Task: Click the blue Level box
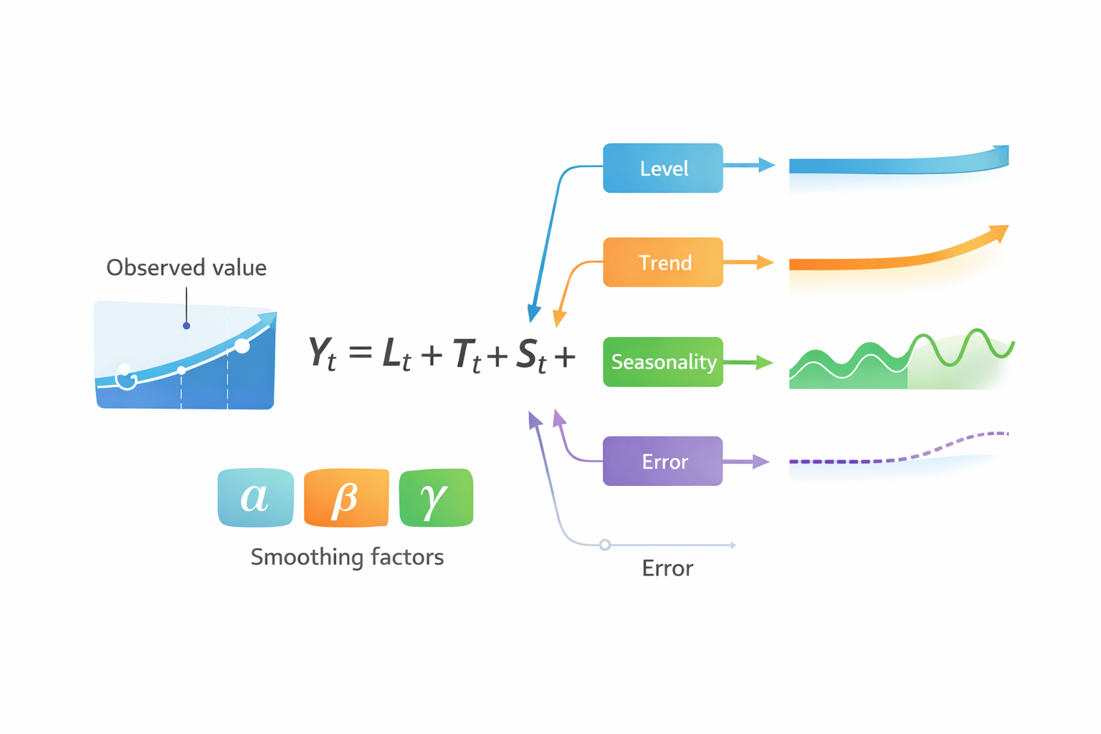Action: click(662, 168)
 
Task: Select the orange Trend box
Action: click(662, 262)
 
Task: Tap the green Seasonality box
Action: click(662, 362)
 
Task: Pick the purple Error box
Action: click(662, 462)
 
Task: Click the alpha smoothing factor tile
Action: click(255, 497)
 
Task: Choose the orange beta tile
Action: click(346, 497)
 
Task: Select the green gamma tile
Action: click(436, 497)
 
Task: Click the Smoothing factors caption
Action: click(347, 557)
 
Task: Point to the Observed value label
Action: click(186, 267)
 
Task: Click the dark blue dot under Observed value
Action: click(186, 325)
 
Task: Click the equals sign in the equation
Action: click(361, 353)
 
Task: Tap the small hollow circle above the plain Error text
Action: click(605, 545)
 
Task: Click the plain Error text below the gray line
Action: click(667, 568)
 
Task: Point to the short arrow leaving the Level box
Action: click(749, 166)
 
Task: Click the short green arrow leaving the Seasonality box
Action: click(748, 363)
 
